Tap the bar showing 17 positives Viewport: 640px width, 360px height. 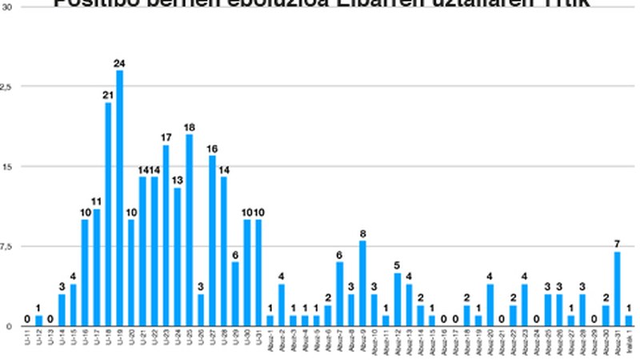[166, 236]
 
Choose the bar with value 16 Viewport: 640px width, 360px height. [212, 241]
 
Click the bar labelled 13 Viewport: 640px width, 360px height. [178, 257]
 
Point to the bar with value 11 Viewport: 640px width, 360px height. [96, 268]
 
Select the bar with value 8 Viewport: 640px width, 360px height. [362, 284]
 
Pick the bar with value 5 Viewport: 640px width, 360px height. [398, 300]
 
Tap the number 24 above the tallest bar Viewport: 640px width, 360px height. [119, 63]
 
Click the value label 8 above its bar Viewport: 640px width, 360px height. [362, 234]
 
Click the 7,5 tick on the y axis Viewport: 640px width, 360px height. [7, 246]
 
